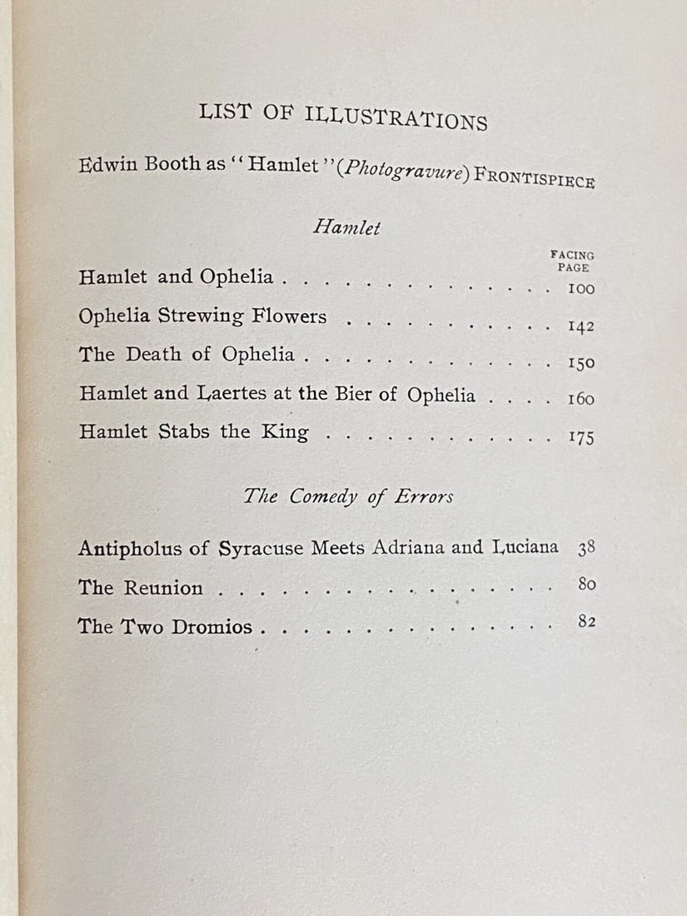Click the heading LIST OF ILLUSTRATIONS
coord(343,117)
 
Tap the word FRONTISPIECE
coord(534,179)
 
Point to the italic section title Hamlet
coord(346,227)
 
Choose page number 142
coord(580,326)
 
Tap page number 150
coord(580,363)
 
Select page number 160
coord(580,399)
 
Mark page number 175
coord(581,437)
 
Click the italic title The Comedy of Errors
coord(349,496)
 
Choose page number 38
coord(585,549)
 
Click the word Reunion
coord(163,588)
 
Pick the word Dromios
coord(212,627)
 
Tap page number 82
coord(586,621)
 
